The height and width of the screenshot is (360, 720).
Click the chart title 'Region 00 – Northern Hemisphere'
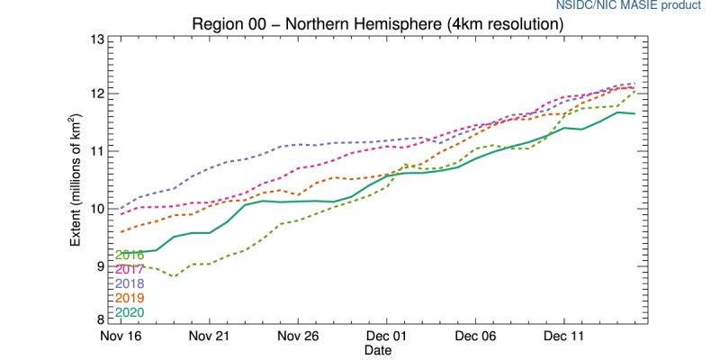378,24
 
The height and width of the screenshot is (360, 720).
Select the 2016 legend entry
130,255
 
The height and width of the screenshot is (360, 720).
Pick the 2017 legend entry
130,269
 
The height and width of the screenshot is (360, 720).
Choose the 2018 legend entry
130,283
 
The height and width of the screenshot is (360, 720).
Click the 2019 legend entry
130,298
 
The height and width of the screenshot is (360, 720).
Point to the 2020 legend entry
130,312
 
